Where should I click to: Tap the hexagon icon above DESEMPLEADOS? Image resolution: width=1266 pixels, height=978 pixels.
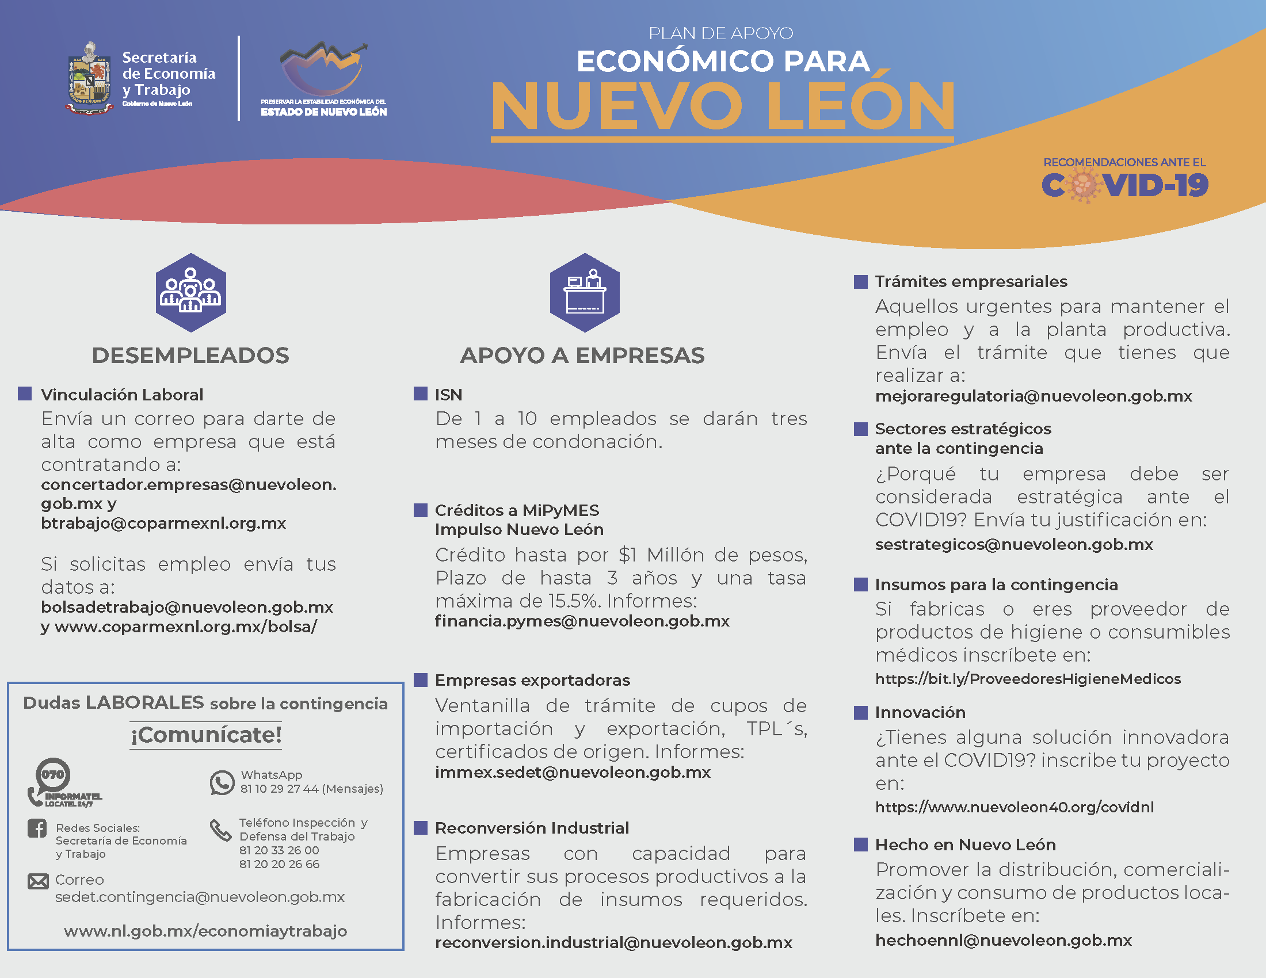190,293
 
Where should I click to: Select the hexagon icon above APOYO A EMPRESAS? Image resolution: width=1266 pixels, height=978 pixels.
584,293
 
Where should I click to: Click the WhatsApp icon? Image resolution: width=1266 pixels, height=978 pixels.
222,782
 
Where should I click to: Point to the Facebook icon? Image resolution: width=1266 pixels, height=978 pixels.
37,828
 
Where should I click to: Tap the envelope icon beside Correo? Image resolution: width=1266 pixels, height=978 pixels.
38,882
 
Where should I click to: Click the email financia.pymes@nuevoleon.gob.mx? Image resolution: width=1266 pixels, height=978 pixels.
582,621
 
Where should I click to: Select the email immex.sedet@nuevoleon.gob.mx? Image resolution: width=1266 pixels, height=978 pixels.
573,772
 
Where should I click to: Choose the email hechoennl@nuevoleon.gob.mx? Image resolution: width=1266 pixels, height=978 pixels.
1004,941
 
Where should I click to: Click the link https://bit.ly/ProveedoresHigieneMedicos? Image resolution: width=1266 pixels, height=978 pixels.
1028,679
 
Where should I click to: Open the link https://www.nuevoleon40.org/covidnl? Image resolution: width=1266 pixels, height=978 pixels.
1015,807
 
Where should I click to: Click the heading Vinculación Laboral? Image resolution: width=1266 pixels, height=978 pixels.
122,395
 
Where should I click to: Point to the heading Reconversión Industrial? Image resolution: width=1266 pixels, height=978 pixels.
532,828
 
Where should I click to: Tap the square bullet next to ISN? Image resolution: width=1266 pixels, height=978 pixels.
420,394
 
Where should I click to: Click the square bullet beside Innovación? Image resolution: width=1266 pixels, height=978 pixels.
861,712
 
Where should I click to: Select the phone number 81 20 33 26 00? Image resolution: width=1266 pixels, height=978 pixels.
279,850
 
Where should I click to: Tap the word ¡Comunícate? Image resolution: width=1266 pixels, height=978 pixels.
206,735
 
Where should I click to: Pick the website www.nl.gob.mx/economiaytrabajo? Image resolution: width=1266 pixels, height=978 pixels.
205,931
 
